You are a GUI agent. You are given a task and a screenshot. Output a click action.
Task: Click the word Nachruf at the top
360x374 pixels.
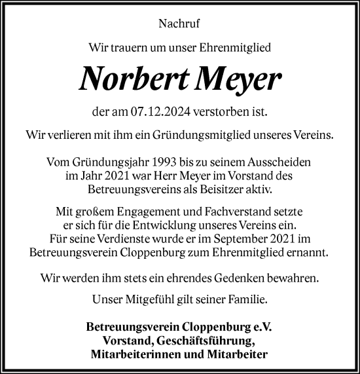tap(179, 24)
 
